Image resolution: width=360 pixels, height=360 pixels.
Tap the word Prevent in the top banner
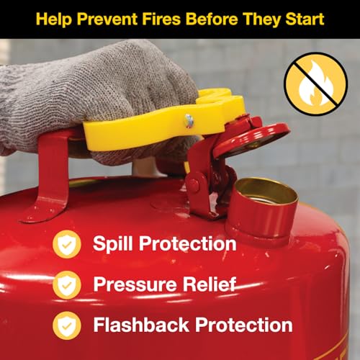[x=107, y=19]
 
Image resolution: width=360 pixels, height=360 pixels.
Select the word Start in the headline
[x=305, y=19]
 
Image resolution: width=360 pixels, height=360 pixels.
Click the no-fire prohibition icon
[x=315, y=84]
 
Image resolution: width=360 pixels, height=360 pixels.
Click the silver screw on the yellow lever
[x=189, y=120]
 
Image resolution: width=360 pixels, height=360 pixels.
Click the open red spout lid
[x=251, y=139]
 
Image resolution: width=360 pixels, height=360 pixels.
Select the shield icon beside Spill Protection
[x=67, y=244]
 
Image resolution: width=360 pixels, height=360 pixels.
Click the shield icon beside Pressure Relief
[x=67, y=284]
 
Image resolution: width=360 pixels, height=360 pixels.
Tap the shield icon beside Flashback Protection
[x=67, y=325]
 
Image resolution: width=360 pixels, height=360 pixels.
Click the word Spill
[x=113, y=244]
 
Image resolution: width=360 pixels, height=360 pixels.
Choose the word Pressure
[x=135, y=284]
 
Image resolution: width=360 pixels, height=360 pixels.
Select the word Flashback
[x=141, y=325]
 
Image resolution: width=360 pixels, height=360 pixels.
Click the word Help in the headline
[x=54, y=19]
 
